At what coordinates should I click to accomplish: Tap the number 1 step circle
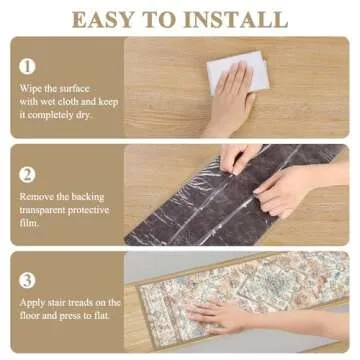click(28, 66)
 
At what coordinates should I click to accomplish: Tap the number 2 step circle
click(28, 173)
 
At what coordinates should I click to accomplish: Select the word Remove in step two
click(37, 197)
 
